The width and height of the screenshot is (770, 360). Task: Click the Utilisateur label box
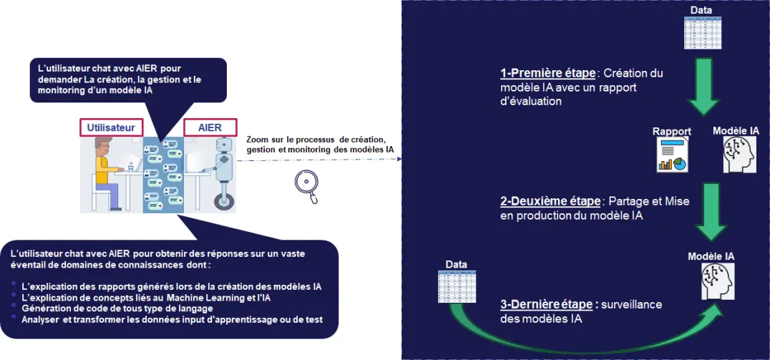tap(111, 127)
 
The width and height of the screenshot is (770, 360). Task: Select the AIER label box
tap(210, 127)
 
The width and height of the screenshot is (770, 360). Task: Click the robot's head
tap(223, 145)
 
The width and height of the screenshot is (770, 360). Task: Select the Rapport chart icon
tap(672, 155)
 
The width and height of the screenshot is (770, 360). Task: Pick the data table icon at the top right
tap(703, 32)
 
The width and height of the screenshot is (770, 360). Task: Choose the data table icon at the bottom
tap(457, 286)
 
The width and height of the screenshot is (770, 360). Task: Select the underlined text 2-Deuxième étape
tap(550, 201)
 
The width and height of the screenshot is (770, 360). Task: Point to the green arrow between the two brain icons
tap(711, 212)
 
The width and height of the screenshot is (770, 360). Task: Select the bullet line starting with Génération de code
tap(117, 308)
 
